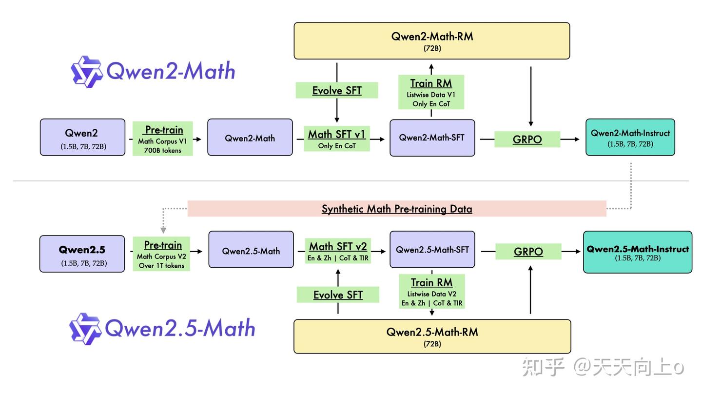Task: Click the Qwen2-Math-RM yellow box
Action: [x=431, y=41]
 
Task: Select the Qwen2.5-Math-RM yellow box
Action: [x=432, y=336]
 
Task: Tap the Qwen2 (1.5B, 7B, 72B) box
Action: [x=82, y=138]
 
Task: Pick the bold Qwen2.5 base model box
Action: [x=82, y=254]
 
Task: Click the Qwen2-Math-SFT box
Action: [x=432, y=138]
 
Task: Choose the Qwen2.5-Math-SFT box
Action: [x=432, y=250]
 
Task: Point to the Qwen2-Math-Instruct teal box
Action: [x=630, y=138]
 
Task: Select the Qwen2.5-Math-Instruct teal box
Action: [x=638, y=252]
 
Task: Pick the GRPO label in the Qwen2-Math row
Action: [x=527, y=139]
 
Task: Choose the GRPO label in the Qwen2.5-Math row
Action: [x=528, y=252]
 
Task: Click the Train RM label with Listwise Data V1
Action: [x=431, y=92]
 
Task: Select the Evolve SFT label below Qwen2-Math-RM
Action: [x=337, y=91]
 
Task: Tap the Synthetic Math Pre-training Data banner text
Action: [x=397, y=209]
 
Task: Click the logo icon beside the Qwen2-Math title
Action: [x=86, y=72]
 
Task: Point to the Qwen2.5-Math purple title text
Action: [x=180, y=328]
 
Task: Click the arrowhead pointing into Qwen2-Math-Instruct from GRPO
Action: [x=577, y=139]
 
